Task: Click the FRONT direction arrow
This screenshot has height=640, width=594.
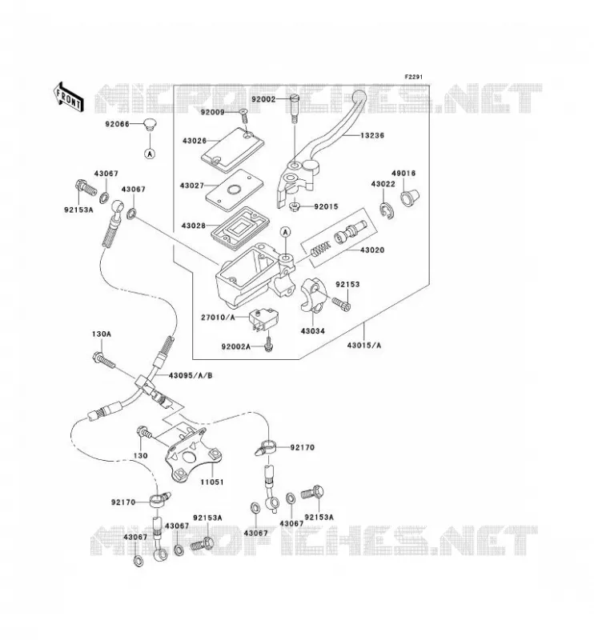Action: point(68,98)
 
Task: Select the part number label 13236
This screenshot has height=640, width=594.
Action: point(371,135)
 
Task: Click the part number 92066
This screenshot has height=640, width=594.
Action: point(117,124)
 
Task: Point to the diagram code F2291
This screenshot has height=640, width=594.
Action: point(413,77)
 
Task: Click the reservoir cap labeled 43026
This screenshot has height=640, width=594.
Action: point(233,150)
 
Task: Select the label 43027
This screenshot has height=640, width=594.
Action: point(192,186)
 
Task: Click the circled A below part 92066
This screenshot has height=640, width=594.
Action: point(150,154)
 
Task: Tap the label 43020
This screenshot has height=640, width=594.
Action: point(372,250)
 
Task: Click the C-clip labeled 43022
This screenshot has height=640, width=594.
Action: point(387,210)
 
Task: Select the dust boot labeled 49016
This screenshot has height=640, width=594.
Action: point(408,197)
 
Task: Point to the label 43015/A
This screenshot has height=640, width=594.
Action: point(364,346)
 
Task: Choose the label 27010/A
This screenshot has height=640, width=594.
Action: point(219,317)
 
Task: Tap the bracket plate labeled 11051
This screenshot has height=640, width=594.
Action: point(192,453)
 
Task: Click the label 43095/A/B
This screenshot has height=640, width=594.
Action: point(191,375)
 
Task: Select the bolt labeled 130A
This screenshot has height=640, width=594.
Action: point(104,359)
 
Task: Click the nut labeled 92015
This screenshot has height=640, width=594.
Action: point(294,207)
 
